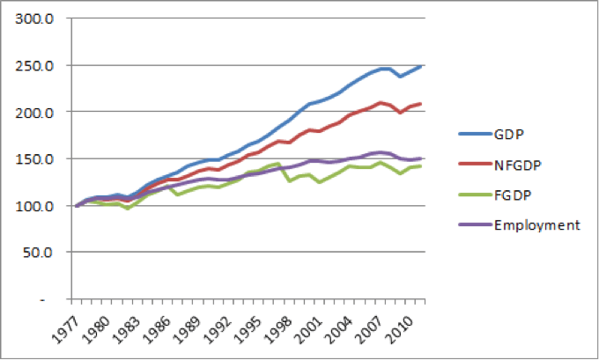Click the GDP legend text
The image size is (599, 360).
[x=507, y=134]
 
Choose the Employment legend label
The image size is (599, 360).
[x=537, y=225]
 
